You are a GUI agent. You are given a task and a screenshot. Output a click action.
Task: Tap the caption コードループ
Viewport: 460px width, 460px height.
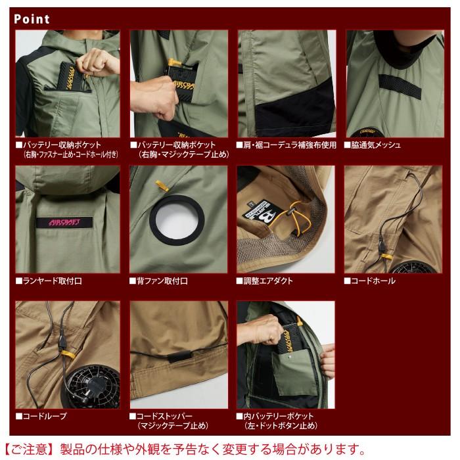(x=45, y=417)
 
